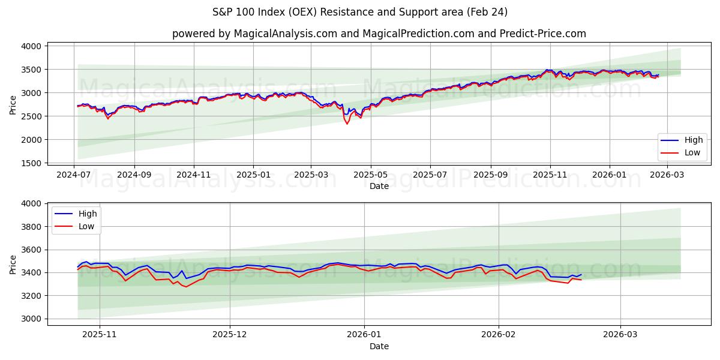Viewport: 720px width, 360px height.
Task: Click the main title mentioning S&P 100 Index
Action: click(x=360, y=12)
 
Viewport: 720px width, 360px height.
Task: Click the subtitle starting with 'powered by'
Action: click(x=379, y=34)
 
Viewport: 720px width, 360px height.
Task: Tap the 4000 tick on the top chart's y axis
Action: click(x=31, y=46)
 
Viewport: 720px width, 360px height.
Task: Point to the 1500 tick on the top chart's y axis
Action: click(x=31, y=163)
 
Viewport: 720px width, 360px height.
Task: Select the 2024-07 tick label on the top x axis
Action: click(x=74, y=174)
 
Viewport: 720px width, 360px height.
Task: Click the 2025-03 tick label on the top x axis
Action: click(x=311, y=174)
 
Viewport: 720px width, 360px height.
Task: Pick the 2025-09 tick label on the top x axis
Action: click(x=490, y=174)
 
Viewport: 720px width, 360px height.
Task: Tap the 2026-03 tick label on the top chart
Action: click(x=668, y=174)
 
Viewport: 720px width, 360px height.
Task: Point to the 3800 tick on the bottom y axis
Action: click(x=31, y=227)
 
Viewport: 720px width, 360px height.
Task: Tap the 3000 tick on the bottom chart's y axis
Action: click(x=31, y=319)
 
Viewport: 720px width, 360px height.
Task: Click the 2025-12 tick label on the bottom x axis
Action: click(x=230, y=334)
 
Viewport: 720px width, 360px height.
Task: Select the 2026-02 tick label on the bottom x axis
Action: click(x=499, y=334)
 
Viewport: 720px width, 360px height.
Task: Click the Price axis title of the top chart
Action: click(x=13, y=104)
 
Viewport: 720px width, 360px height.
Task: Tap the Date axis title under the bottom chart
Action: click(x=379, y=346)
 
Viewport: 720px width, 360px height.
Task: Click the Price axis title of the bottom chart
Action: click(x=13, y=264)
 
